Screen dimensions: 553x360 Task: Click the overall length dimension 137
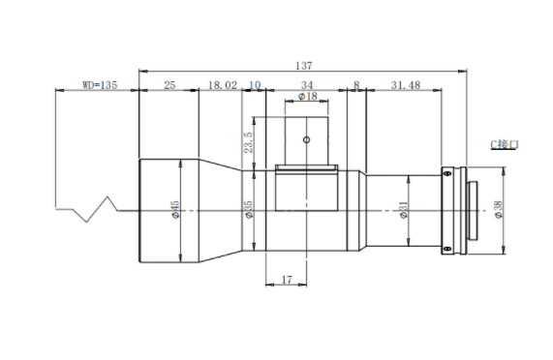point(304,66)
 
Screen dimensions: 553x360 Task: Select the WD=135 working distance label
point(100,85)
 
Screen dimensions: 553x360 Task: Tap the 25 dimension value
point(169,85)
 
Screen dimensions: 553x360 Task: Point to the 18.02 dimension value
point(223,85)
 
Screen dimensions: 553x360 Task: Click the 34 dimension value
point(307,85)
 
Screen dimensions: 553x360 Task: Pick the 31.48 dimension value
point(406,85)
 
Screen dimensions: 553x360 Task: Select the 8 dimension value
point(356,85)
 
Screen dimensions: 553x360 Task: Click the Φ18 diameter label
point(308,96)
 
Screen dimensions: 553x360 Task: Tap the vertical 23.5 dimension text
point(249,142)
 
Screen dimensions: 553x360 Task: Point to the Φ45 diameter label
point(175,210)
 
